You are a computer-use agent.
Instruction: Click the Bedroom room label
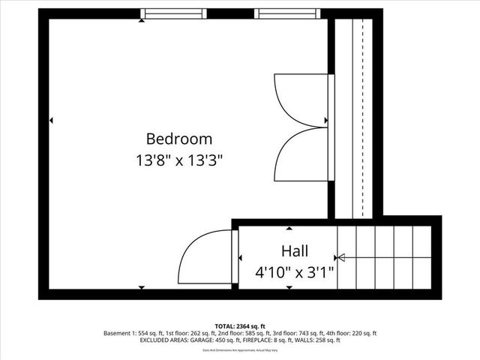click(178, 139)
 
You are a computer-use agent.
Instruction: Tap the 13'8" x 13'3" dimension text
click(178, 160)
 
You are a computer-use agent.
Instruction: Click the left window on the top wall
click(173, 13)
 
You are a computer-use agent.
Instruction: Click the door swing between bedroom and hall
click(204, 256)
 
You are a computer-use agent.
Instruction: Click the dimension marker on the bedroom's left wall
click(51, 120)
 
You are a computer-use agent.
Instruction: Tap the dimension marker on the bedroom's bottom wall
click(142, 287)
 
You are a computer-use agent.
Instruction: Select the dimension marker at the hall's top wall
click(289, 227)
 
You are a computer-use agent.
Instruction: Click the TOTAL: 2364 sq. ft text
click(239, 325)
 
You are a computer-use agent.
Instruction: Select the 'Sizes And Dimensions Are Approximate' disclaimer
click(239, 349)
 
